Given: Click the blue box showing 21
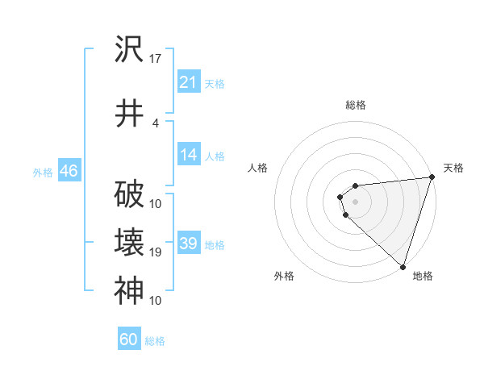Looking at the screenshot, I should click(x=189, y=82).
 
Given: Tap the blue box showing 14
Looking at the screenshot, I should click(x=189, y=156).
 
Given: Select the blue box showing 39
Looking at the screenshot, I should click(x=189, y=244).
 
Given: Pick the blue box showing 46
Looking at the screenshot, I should click(x=69, y=172).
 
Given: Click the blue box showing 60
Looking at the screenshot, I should click(x=129, y=339).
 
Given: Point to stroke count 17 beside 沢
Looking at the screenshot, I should click(x=156, y=58).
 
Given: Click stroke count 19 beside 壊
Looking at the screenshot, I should click(x=156, y=252).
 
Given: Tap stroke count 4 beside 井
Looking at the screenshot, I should click(x=156, y=123).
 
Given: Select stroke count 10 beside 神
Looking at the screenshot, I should click(x=156, y=301).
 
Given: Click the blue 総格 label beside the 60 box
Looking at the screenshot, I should click(x=155, y=341).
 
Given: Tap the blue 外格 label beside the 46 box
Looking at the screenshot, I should click(x=43, y=173).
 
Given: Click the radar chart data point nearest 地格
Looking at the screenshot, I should click(x=402, y=266).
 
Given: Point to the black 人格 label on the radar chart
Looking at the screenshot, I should click(x=258, y=168).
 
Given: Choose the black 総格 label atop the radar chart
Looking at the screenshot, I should click(x=355, y=105).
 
